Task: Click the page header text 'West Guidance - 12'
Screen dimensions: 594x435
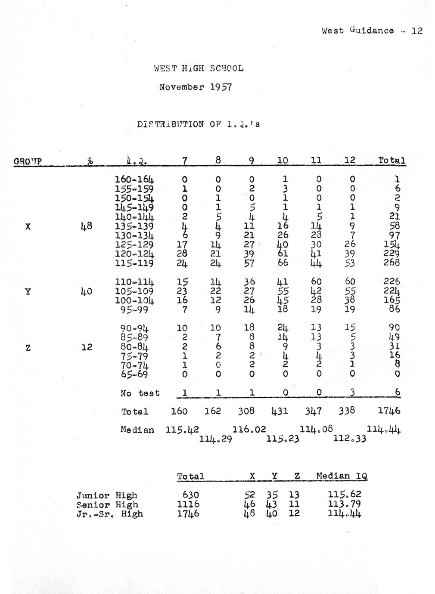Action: pos(372,31)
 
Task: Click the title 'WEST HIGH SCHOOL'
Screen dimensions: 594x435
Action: pos(199,68)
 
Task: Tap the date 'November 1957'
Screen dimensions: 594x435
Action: pos(196,87)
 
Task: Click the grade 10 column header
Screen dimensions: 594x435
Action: pos(282,161)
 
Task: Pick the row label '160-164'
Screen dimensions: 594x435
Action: pos(134,179)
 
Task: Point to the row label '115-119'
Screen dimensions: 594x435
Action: pos(134,263)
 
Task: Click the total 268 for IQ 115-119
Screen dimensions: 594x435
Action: pos(391,263)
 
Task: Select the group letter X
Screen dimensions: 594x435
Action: pos(28,226)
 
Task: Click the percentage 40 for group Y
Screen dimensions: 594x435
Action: pos(87,291)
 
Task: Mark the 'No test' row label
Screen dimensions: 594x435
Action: pos(140,393)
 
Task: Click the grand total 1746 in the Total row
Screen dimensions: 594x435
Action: pos(389,411)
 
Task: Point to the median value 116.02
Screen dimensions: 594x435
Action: pos(249,430)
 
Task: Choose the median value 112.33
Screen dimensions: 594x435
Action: pos(350,439)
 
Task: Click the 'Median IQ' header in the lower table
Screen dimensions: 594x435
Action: pos(342,476)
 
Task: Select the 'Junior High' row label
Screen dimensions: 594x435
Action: pos(107,495)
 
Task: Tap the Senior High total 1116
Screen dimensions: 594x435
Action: pos(188,504)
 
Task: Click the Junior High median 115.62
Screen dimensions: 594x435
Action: pos(345,495)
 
